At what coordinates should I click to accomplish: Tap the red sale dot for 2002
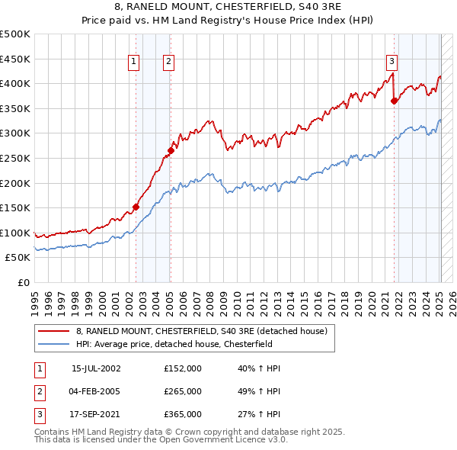coord(136,206)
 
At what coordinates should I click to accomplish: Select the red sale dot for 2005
coord(171,150)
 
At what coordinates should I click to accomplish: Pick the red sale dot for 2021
coord(394,101)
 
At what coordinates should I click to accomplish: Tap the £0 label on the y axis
coord(23,282)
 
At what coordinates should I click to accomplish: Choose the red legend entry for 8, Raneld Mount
coord(202,331)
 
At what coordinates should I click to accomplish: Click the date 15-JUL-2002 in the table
coord(96,368)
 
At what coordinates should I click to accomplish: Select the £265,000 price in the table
coord(183,391)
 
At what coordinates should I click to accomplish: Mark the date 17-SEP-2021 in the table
coord(96,414)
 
